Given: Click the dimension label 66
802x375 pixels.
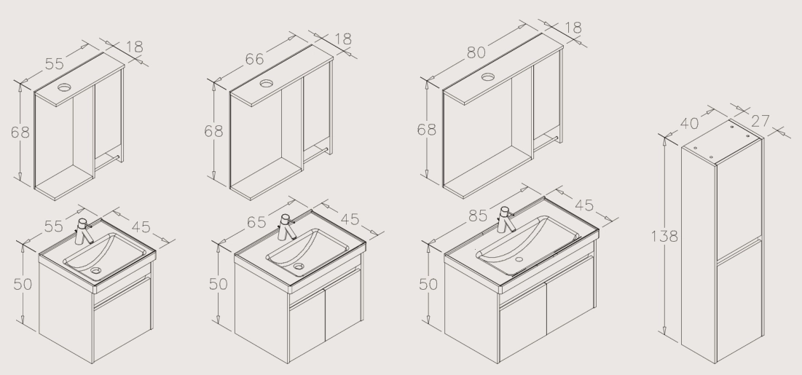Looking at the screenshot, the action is (x=254, y=60).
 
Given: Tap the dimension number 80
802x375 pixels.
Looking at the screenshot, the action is (x=476, y=52).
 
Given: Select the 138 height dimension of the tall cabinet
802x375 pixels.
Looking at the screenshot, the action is (x=664, y=236).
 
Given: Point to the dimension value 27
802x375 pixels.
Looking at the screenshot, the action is (x=760, y=121).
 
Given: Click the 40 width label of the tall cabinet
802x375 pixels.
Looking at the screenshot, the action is (x=690, y=123).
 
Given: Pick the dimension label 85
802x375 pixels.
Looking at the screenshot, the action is (x=478, y=216).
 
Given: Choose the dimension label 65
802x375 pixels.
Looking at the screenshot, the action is (x=256, y=222).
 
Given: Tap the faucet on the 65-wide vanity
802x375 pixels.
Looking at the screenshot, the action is (x=286, y=227).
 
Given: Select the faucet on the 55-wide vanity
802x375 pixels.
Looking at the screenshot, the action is (x=84, y=232).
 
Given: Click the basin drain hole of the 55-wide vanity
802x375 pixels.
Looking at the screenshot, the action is (x=96, y=269).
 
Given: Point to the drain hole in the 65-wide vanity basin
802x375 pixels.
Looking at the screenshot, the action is (x=299, y=266).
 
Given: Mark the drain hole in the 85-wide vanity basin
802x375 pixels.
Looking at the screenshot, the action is (x=519, y=259).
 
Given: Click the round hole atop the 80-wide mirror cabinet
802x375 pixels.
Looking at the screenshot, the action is (x=488, y=77).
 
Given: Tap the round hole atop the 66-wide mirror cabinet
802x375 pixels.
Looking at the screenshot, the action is (x=267, y=84).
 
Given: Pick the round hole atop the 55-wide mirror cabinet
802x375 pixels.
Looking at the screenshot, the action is (x=64, y=87).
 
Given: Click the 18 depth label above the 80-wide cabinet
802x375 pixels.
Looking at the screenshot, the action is (x=573, y=28).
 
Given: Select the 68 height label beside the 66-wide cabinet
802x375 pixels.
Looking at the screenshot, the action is (x=213, y=132).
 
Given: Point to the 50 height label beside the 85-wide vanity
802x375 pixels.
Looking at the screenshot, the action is (x=428, y=284).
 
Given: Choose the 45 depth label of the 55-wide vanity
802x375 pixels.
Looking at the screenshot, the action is (x=141, y=227).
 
